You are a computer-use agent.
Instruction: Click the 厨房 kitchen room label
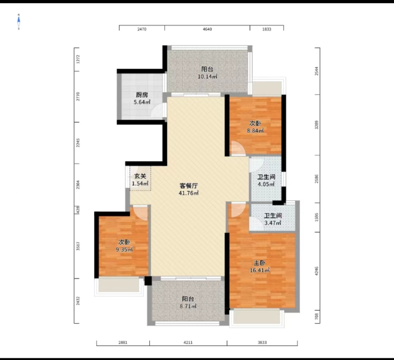tap(142, 95)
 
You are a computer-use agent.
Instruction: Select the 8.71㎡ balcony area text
tap(189, 307)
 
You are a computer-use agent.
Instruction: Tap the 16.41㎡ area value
tap(262, 271)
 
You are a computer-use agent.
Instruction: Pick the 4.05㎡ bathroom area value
tap(266, 184)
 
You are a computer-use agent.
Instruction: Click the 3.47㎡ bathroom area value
tap(273, 223)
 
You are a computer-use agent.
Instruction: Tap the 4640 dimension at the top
tap(207, 30)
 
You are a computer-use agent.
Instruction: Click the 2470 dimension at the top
tap(142, 30)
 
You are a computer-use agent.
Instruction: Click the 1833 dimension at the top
tap(266, 30)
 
